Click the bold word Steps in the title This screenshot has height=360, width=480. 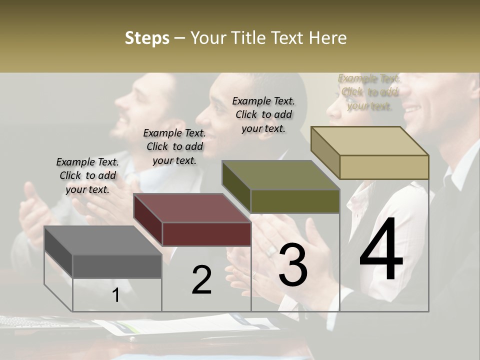[147, 38]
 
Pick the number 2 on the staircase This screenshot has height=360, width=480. [201, 280]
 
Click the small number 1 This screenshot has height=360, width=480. [115, 295]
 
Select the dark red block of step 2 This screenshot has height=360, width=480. [192, 220]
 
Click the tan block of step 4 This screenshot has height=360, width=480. [370, 152]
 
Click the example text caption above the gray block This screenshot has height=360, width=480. [87, 175]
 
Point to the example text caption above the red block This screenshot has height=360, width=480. [174, 146]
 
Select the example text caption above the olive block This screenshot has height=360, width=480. [263, 114]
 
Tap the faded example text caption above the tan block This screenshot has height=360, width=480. [369, 92]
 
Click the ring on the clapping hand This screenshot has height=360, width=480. [270, 250]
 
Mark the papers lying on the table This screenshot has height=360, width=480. [190, 325]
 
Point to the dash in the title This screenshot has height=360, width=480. [180, 38]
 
